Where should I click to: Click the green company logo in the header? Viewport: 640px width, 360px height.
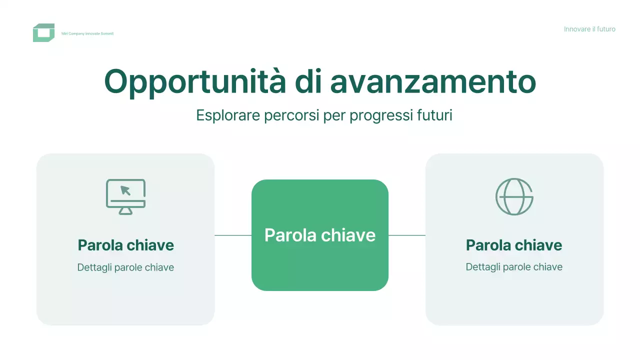pyautogui.click(x=43, y=33)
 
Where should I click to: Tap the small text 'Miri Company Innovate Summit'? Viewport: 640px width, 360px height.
pyautogui.click(x=87, y=33)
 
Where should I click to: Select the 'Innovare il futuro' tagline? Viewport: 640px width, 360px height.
pyautogui.click(x=589, y=29)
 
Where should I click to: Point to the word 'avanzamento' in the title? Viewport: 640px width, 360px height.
pyautogui.click(x=433, y=81)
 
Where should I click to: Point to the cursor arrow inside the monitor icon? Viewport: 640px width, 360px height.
pyautogui.click(x=125, y=190)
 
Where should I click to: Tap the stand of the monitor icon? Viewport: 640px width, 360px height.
pyautogui.click(x=125, y=211)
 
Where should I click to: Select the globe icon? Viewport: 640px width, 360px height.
pyautogui.click(x=514, y=196)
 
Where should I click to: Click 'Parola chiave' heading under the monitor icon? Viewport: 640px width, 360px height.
pyautogui.click(x=125, y=245)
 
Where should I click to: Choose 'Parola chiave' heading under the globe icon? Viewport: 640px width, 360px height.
pyautogui.click(x=514, y=245)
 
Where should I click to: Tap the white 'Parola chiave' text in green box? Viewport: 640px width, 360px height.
pyautogui.click(x=319, y=235)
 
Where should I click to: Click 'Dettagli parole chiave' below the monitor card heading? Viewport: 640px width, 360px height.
pyautogui.click(x=125, y=267)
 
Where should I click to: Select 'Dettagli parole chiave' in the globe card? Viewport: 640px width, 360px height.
pyautogui.click(x=514, y=267)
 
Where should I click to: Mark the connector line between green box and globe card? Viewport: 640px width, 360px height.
pyautogui.click(x=406, y=235)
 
